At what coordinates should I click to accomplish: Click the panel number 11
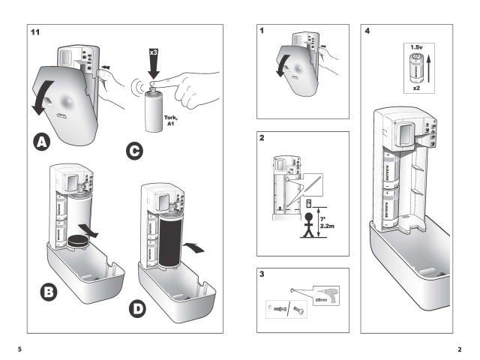pos(34,32)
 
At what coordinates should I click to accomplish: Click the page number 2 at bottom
pos(459,347)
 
